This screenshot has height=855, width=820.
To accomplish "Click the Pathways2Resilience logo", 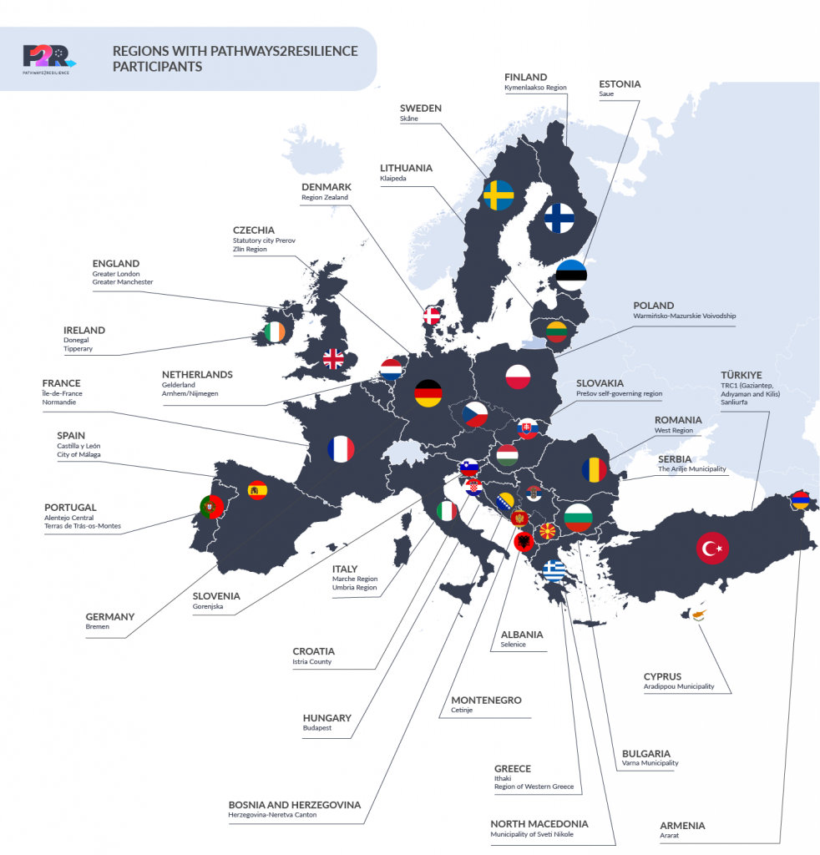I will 49,58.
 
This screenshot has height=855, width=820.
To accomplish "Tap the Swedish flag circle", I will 499,195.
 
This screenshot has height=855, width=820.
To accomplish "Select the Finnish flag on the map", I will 559,218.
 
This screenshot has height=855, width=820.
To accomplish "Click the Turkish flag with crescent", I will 712,549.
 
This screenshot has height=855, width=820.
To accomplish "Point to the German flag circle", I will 429,393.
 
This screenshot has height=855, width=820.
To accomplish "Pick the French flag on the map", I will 341,449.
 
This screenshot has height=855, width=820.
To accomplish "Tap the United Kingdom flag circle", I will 333,359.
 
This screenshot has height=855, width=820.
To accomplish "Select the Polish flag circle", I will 518,377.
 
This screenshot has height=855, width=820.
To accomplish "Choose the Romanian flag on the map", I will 595,469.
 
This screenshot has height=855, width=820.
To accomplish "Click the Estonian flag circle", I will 571,275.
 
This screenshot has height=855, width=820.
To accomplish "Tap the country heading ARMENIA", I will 682,826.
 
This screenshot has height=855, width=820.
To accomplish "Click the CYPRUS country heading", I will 662,676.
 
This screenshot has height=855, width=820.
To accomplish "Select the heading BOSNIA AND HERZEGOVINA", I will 295,805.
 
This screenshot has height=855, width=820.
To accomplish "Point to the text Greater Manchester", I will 123,282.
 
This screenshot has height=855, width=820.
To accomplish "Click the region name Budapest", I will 317,728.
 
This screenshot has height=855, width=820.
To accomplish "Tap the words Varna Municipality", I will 650,763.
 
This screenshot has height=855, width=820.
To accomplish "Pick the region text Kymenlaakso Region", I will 535,87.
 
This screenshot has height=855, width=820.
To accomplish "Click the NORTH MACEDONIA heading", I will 539,824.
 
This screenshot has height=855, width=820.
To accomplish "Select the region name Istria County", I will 311,662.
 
